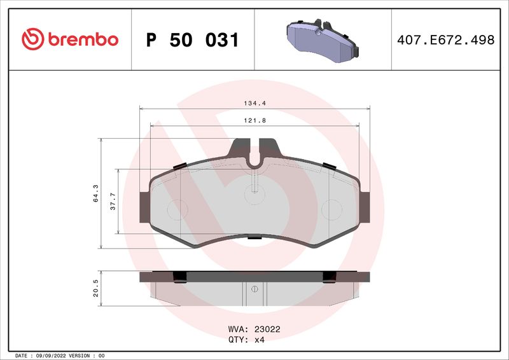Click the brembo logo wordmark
click(x=81, y=39)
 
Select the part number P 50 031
click(x=192, y=40)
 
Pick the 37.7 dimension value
click(x=113, y=201)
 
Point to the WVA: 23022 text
click(x=254, y=330)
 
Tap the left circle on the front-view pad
click(x=174, y=209)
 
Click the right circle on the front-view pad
click(x=331, y=209)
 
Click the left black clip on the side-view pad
click(x=179, y=277)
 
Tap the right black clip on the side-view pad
click(x=329, y=277)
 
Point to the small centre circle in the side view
click(x=254, y=289)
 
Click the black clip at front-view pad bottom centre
click(x=254, y=238)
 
